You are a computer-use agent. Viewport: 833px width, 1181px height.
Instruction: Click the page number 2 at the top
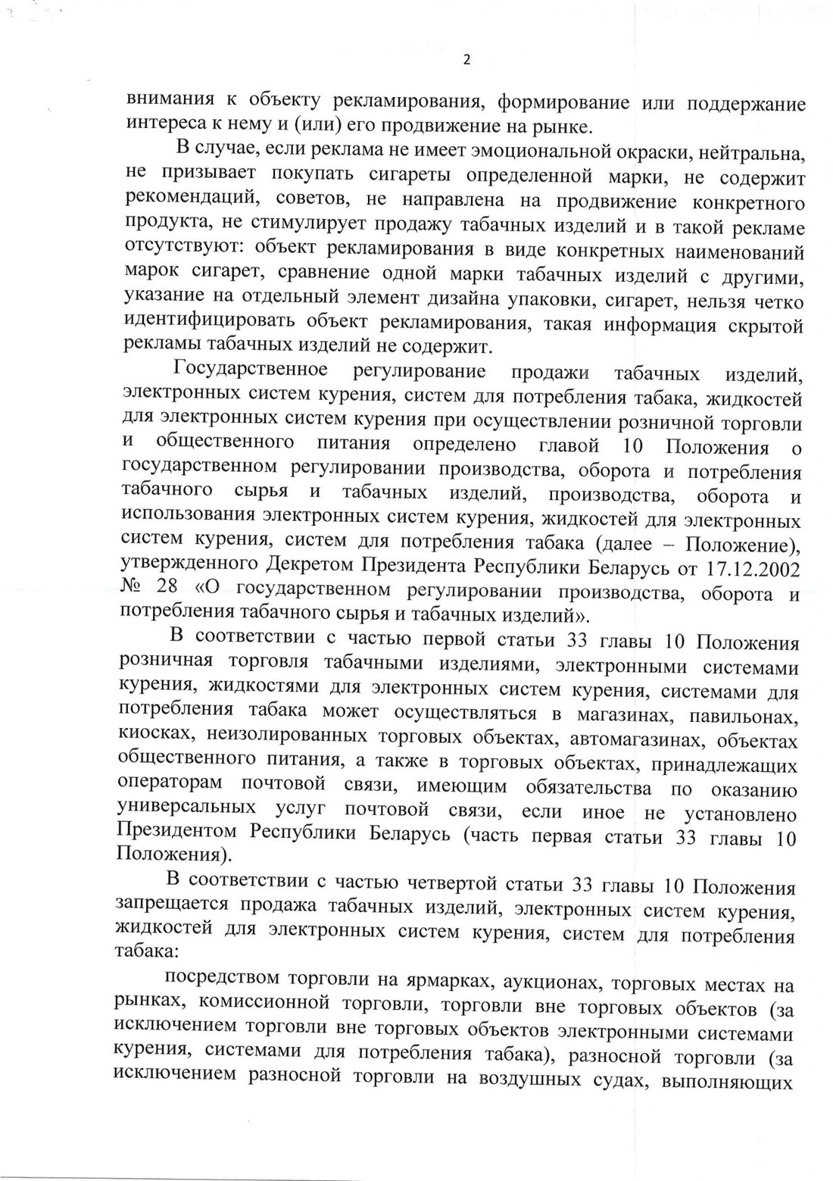pos(466,61)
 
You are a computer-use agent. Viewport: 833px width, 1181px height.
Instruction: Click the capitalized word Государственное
pos(251,370)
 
